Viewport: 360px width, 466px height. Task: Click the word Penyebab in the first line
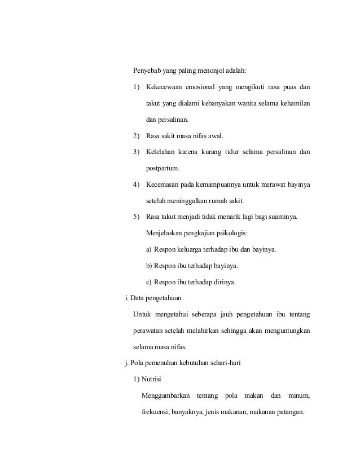pyautogui.click(x=147, y=71)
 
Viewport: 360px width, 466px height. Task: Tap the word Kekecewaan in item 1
pyautogui.click(x=164, y=87)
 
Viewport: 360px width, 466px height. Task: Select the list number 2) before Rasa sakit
pyautogui.click(x=137, y=136)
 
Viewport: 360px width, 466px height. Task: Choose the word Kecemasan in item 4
pyautogui.click(x=163, y=184)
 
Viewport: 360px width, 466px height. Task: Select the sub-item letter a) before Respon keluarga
pyautogui.click(x=149, y=249)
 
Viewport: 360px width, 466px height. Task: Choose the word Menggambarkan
pyautogui.click(x=166, y=395)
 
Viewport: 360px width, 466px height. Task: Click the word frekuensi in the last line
pyautogui.click(x=158, y=412)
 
